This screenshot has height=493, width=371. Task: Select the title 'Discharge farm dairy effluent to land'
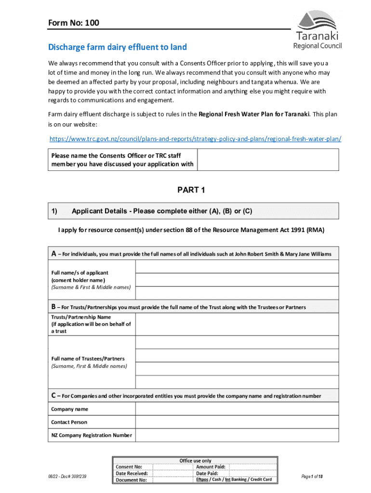tap(117, 47)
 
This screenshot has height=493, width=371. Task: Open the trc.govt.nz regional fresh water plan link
tap(196, 139)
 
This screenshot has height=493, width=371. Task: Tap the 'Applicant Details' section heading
tap(161, 211)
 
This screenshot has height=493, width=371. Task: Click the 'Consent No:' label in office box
tap(129, 467)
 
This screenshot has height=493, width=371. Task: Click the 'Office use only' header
tap(195, 460)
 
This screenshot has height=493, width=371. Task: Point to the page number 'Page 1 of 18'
tap(312, 476)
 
